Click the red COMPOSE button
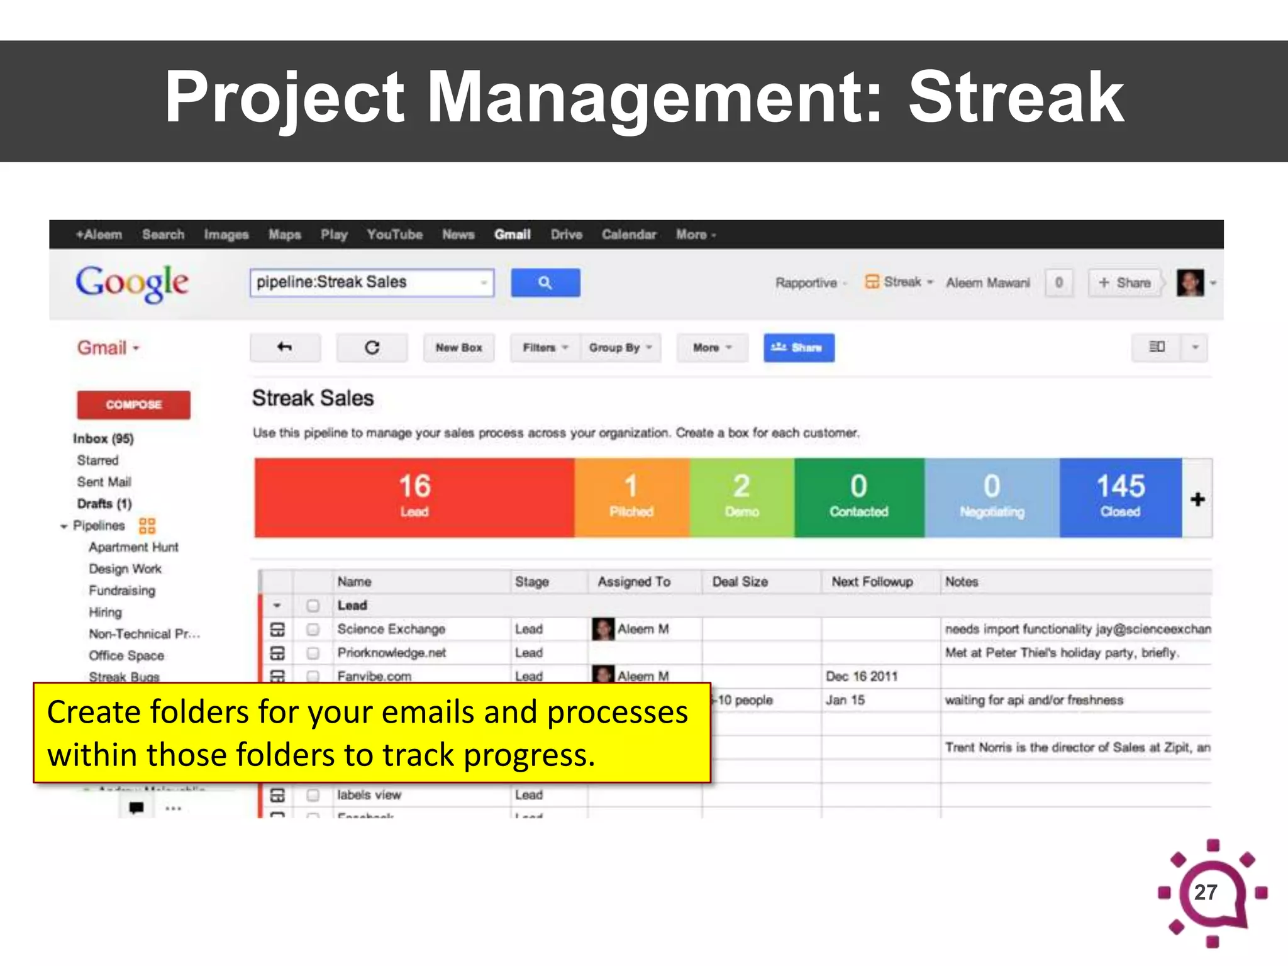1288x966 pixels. tap(133, 404)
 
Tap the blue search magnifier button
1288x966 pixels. tap(545, 283)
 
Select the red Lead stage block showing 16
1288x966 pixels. tap(414, 497)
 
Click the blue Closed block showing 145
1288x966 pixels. tap(1120, 497)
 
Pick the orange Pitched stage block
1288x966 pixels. tap(631, 497)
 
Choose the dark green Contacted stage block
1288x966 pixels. tap(858, 497)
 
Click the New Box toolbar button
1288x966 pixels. tap(458, 348)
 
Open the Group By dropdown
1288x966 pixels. tap(620, 348)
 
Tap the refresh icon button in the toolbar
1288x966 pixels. tap(372, 348)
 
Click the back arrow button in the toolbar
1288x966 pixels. tap(285, 348)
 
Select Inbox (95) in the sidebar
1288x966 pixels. tap(103, 438)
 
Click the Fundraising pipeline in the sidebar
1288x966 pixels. tap(122, 591)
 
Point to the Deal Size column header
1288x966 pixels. tap(740, 582)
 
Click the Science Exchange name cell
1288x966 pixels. tap(391, 629)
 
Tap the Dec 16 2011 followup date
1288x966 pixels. tap(861, 676)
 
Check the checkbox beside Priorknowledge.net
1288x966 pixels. tap(313, 653)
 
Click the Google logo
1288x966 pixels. tap(132, 283)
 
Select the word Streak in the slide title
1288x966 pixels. tap(1016, 97)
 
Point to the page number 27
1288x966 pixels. tap(1205, 892)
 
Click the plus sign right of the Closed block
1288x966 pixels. tap(1197, 499)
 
